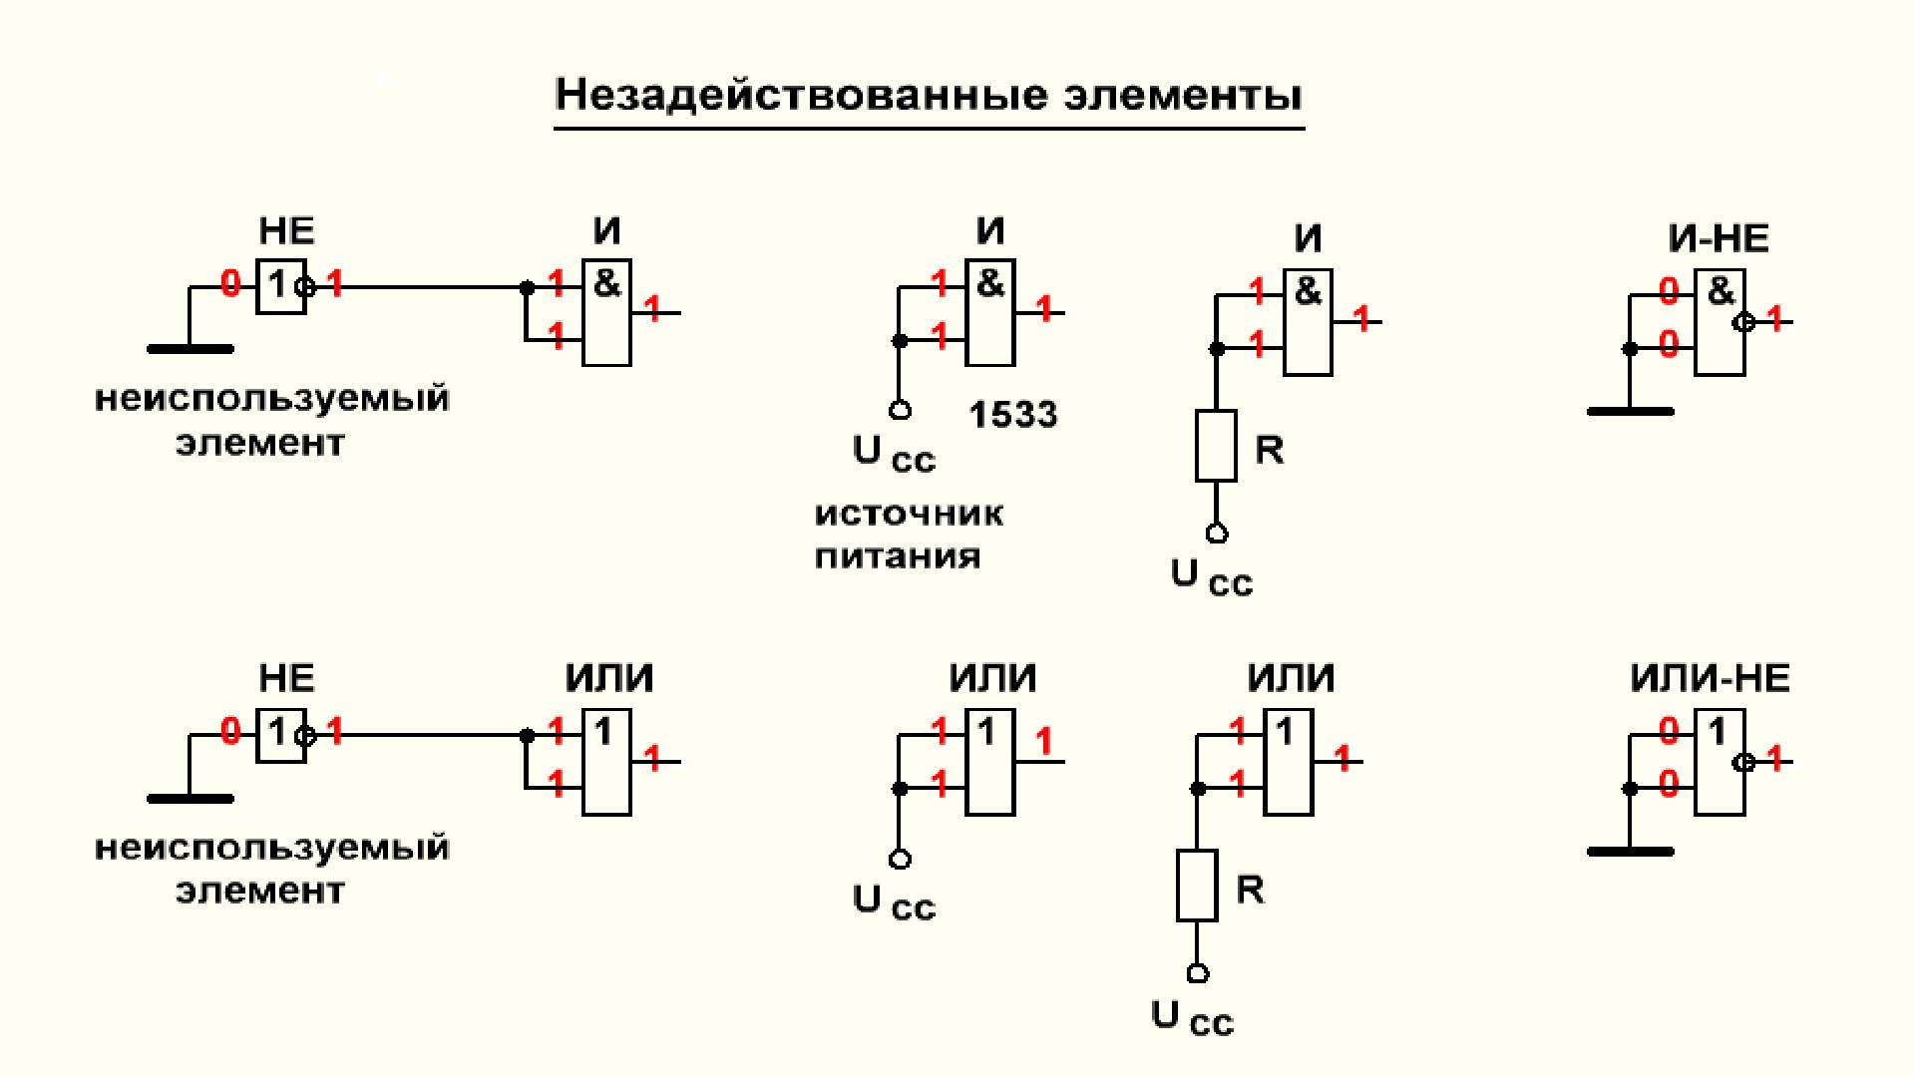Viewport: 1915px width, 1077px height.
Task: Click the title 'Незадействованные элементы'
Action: pyautogui.click(x=929, y=95)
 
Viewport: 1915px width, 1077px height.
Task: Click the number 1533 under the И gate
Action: pyautogui.click(x=1012, y=414)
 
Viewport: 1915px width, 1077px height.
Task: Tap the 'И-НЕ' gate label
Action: pyautogui.click(x=1718, y=239)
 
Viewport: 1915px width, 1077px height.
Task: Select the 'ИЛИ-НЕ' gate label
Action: pyautogui.click(x=1710, y=679)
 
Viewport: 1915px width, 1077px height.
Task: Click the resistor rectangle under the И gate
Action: pyautogui.click(x=1216, y=446)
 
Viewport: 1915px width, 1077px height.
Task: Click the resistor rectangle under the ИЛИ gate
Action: pyautogui.click(x=1197, y=886)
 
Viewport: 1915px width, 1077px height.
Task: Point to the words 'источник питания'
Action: pyautogui.click(x=908, y=536)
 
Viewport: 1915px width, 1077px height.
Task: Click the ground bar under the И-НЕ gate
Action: pyautogui.click(x=1630, y=411)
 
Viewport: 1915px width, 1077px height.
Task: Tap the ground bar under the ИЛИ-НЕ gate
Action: pyautogui.click(x=1630, y=852)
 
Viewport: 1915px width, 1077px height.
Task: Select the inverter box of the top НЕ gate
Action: pyautogui.click(x=280, y=287)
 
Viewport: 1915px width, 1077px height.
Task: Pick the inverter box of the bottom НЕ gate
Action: pyautogui.click(x=280, y=736)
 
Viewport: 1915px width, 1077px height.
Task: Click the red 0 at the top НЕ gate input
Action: pyautogui.click(x=230, y=285)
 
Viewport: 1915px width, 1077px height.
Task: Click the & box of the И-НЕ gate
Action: pyautogui.click(x=1720, y=322)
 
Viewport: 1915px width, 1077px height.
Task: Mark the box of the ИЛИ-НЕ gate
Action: pyautogui.click(x=1720, y=763)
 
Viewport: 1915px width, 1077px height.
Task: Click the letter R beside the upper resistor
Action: pyautogui.click(x=1269, y=451)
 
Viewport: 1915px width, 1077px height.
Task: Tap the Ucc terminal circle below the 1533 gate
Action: pyautogui.click(x=900, y=410)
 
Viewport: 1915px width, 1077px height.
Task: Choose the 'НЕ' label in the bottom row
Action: pyautogui.click(x=286, y=679)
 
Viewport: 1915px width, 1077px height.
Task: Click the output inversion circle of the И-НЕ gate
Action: pyautogui.click(x=1744, y=322)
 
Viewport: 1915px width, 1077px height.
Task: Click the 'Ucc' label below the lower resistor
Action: pyautogui.click(x=1192, y=1018)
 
